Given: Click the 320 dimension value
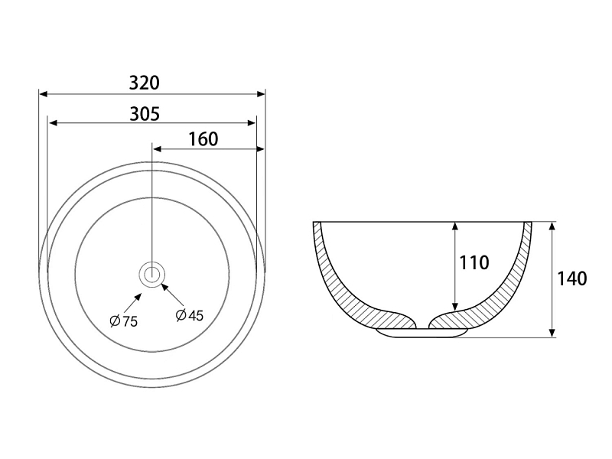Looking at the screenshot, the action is pos(145,83).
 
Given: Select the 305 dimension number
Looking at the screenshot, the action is pos(145,114).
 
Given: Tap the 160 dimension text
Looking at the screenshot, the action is pos(203,139).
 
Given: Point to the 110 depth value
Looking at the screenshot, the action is pos(474,262).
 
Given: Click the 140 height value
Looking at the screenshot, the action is pos(571,278).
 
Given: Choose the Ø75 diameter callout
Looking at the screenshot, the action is pos(124,321).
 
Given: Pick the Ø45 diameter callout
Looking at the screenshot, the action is pos(190,315).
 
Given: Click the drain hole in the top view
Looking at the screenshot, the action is pos(151,275).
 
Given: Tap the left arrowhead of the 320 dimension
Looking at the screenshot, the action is pos(44,94).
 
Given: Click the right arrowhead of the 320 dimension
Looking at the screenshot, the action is pos(261,94).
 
